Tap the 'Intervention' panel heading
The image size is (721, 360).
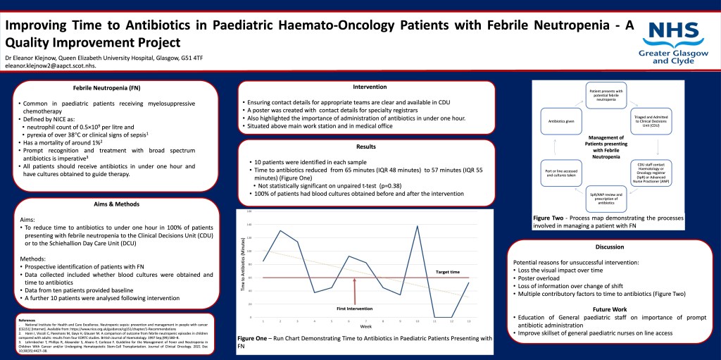point(370,87)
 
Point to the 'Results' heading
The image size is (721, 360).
point(366,147)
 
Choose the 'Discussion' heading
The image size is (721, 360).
point(609,247)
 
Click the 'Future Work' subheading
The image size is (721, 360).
point(610,309)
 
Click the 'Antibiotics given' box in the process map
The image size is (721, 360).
point(561,120)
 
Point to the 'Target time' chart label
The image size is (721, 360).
point(447,272)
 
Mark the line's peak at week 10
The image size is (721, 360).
point(418,226)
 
